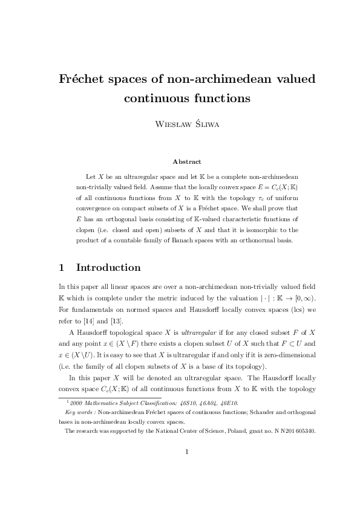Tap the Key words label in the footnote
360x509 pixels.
pos(79,413)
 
